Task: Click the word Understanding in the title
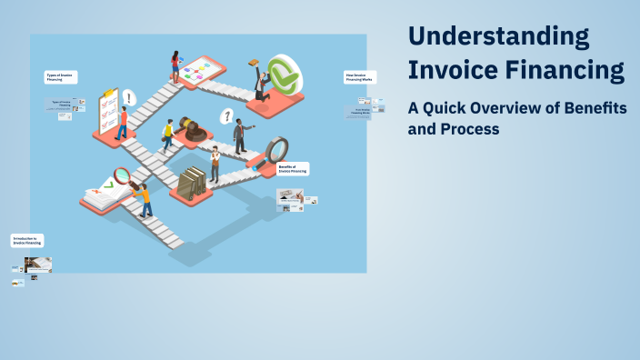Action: coord(498,36)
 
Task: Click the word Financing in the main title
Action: coord(564,70)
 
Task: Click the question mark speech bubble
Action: coord(226,116)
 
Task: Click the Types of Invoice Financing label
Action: coord(61,77)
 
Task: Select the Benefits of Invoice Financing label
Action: coord(293,169)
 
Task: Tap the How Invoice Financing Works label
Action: coord(357,77)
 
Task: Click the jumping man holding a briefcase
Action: coord(261,81)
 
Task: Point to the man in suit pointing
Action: coord(240,136)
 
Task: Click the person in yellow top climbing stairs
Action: coord(167,135)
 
